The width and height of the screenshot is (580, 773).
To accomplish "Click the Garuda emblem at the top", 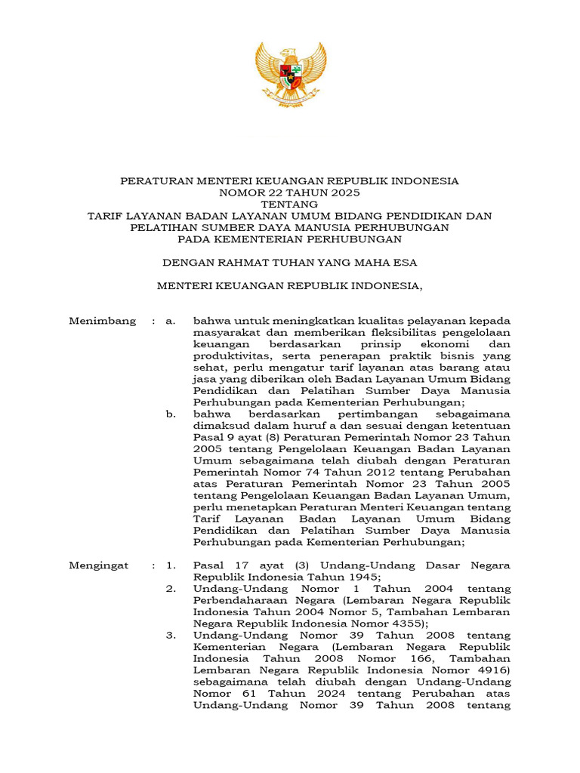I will coord(290,73).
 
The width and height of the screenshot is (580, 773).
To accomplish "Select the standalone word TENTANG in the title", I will coord(290,204).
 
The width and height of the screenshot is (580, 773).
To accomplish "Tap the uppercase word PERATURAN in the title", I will coord(157,181).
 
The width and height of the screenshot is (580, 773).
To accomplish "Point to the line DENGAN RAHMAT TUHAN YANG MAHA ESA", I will coord(290,263).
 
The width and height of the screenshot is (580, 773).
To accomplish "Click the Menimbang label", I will coord(103,321).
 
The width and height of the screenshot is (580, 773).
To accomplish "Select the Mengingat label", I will coord(99,565).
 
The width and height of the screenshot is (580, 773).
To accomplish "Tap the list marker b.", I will coord(171,414).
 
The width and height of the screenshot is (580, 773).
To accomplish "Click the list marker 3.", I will coord(171,636).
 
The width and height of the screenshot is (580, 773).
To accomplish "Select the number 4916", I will coord(491,670).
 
